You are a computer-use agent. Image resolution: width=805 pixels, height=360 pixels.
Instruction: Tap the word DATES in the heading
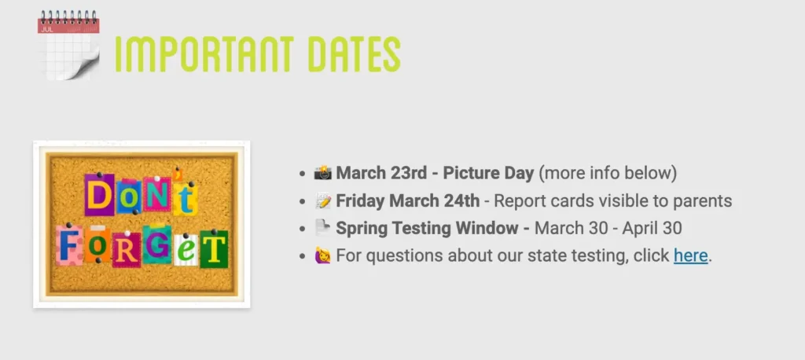point(354,54)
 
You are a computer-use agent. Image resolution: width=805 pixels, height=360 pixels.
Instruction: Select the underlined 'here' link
point(690,255)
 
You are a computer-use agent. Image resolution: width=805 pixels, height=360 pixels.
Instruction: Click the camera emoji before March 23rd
point(323,173)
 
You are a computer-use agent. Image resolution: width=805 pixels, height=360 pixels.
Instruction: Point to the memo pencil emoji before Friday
point(323,200)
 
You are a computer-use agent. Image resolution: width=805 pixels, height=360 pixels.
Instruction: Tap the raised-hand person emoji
point(323,255)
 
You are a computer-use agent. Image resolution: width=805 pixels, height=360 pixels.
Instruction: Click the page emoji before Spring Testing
point(323,228)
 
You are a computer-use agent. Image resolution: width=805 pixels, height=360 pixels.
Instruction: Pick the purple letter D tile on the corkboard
point(100,195)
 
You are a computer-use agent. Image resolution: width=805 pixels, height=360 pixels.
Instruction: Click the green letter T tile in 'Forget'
point(214,249)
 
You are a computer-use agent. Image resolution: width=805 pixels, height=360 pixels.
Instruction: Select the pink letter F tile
point(69,245)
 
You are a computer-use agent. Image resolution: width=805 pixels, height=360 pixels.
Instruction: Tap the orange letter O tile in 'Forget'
point(97,244)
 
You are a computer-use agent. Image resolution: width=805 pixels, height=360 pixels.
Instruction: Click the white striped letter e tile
point(186,251)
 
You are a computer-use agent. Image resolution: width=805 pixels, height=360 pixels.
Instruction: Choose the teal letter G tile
point(157,244)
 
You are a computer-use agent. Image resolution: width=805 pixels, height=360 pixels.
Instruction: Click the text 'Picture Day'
point(488,174)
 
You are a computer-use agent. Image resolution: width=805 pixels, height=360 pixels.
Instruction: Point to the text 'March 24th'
point(434,200)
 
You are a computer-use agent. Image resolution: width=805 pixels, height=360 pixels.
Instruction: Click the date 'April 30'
point(652,228)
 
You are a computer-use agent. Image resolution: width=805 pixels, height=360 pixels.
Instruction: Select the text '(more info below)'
point(608,174)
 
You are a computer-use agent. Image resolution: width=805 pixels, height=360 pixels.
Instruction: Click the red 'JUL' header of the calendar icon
point(68,26)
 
